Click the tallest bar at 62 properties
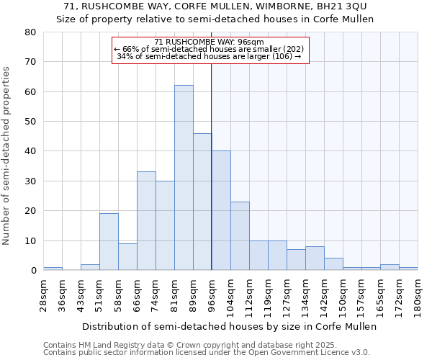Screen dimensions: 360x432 184,178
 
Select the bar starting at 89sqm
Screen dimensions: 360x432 202,202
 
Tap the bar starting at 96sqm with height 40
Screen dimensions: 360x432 221,210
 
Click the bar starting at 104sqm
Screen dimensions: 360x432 240,236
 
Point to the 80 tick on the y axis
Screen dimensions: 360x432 30,32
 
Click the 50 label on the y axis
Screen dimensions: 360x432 30,122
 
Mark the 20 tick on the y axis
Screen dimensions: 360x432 30,211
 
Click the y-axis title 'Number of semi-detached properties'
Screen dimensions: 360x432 7,155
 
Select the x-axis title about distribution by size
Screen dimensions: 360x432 230,326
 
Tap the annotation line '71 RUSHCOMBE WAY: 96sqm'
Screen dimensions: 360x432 209,42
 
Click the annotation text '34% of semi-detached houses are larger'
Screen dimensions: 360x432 209,57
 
